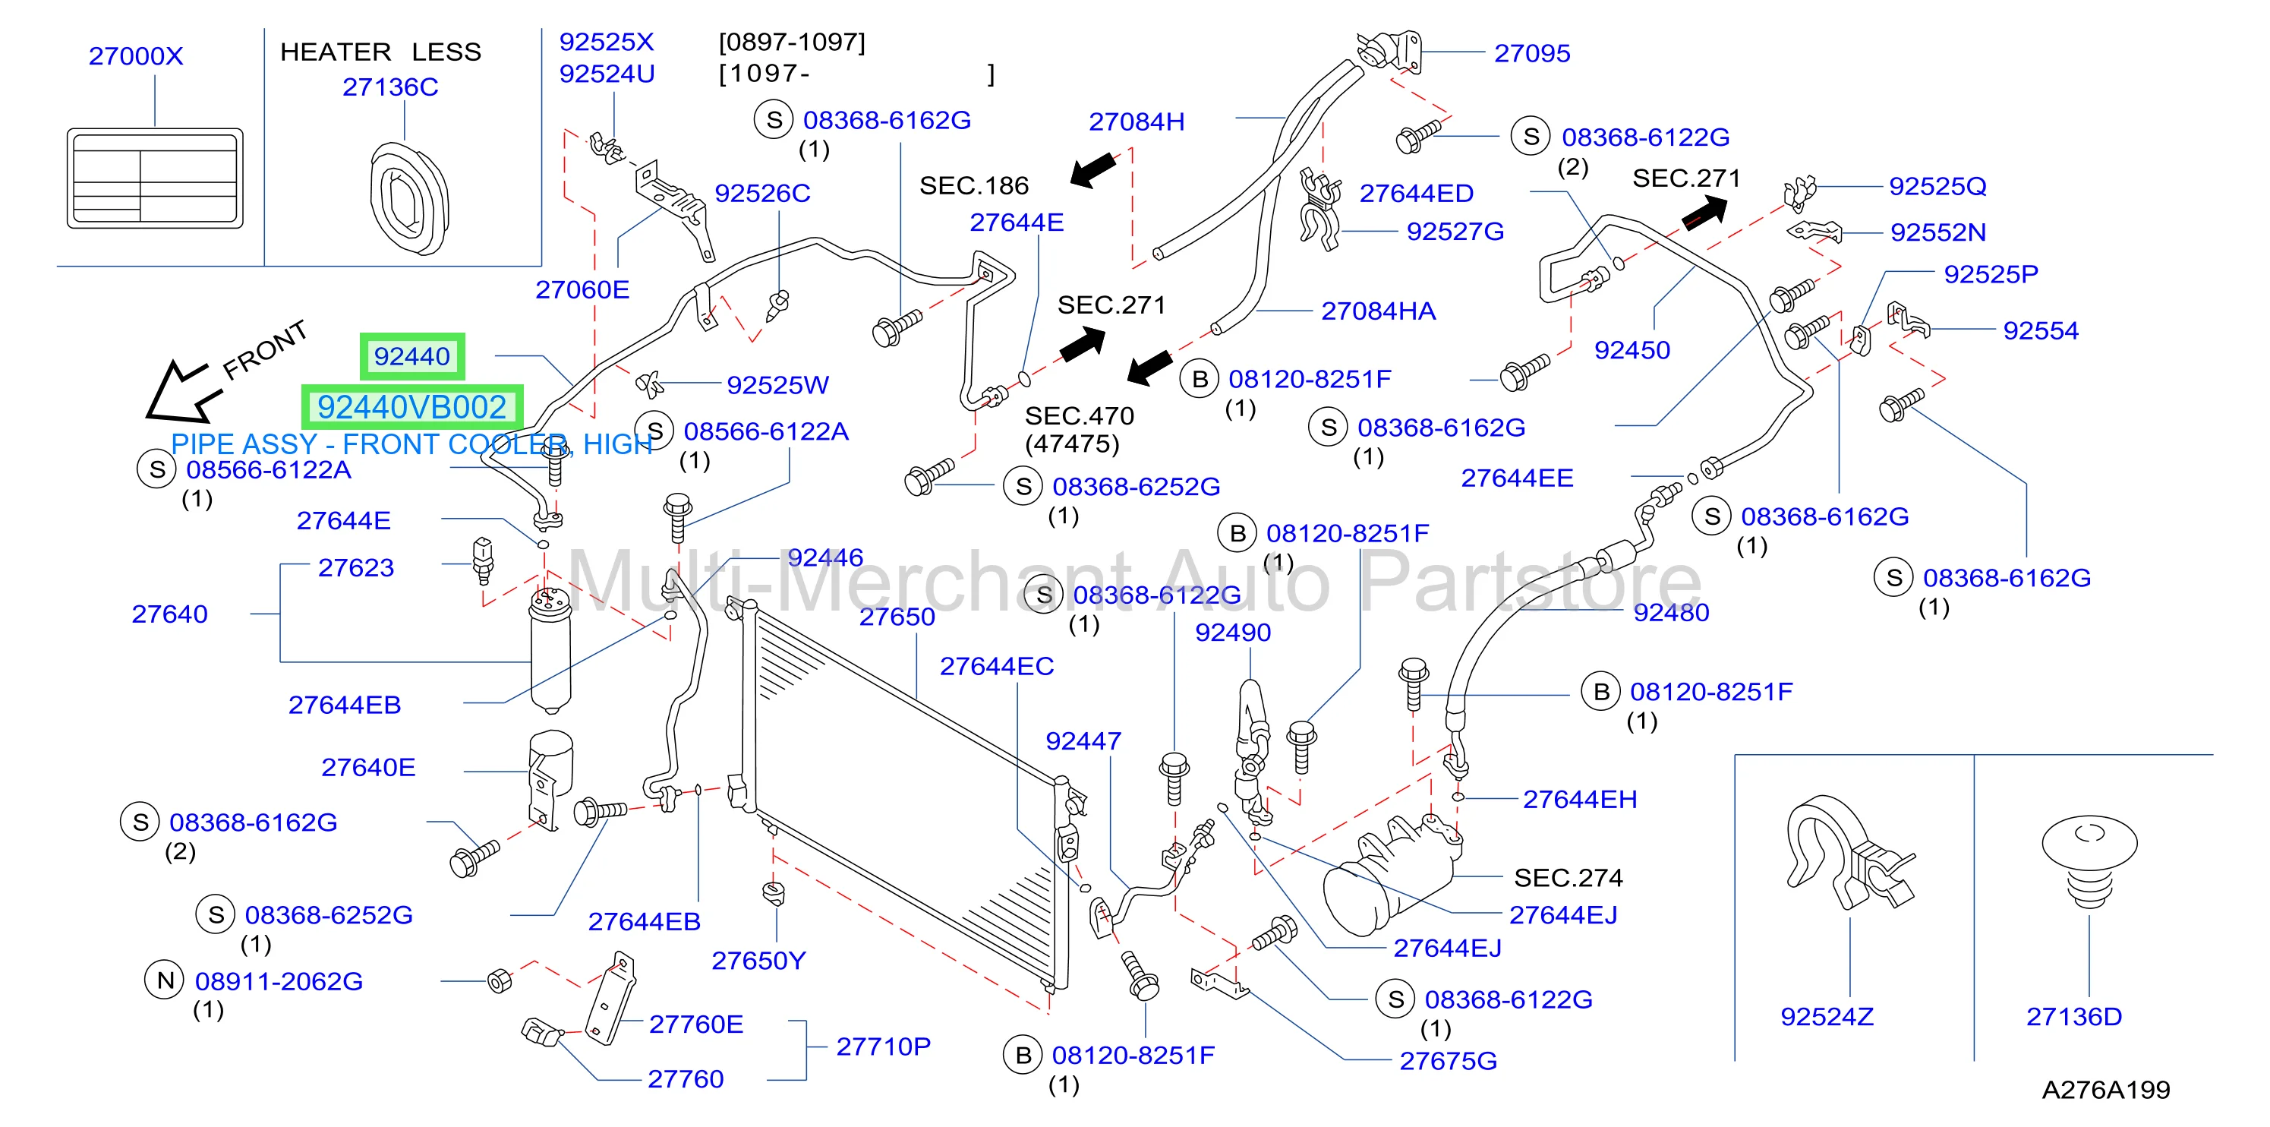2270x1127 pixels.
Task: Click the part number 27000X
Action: coord(136,55)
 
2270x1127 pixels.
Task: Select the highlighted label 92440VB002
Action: coord(412,407)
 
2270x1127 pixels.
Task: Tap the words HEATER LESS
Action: coord(380,52)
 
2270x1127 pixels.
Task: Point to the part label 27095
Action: coord(1532,53)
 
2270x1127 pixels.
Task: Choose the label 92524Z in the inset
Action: coord(1827,1017)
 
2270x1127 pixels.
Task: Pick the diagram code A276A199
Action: coord(2106,1090)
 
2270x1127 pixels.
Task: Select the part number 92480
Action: coord(1672,612)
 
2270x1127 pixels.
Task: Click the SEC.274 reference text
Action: coord(1569,878)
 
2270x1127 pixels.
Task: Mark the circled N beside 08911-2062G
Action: coord(165,980)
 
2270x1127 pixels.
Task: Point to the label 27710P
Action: coord(883,1046)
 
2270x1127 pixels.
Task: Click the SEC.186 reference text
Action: coord(974,185)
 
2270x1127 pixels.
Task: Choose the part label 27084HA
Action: coord(1378,311)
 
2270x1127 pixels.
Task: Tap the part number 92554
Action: coord(2041,330)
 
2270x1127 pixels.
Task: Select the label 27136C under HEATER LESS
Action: coord(390,87)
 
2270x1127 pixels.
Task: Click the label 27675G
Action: coord(1449,1061)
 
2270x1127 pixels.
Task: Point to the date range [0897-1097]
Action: coord(792,43)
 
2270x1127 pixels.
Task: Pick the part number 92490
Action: coord(1233,633)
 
